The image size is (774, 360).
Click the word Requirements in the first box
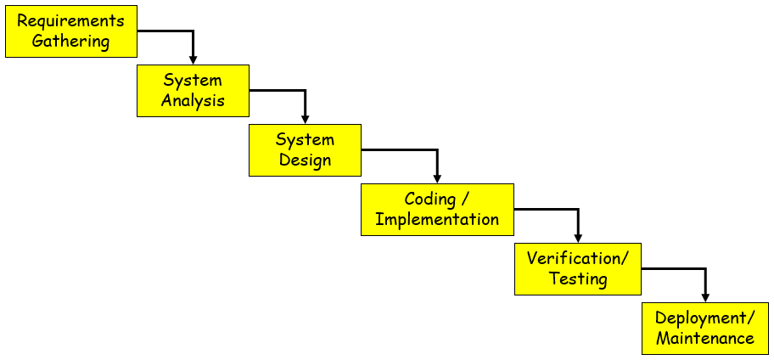(71, 21)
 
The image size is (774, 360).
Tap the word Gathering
(71, 41)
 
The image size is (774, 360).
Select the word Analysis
(193, 100)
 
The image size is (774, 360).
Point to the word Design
(305, 160)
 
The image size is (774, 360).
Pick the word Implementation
(437, 219)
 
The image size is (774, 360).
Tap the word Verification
(574, 258)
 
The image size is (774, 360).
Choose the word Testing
(578, 278)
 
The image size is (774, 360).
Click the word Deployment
(700, 318)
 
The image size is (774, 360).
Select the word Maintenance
(705, 338)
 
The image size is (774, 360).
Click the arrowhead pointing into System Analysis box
(193, 60)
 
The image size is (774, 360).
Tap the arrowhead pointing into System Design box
(305, 120)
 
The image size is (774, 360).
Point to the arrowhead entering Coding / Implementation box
(437, 179)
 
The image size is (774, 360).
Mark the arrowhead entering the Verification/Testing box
(578, 239)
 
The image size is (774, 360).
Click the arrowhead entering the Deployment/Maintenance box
(705, 298)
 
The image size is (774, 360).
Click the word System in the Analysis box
(193, 81)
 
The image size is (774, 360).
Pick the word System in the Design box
(305, 140)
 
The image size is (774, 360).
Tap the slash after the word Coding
(464, 200)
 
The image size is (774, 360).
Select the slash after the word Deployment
(751, 318)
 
